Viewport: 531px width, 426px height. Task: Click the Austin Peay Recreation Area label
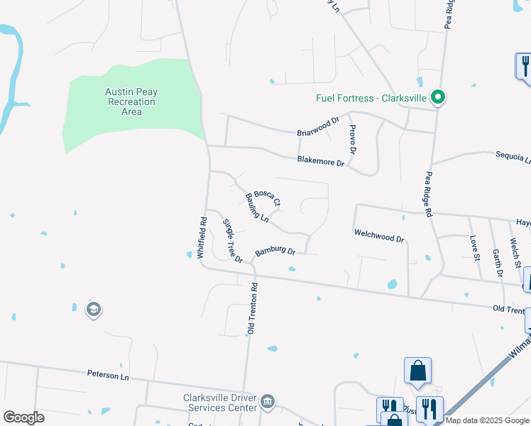click(x=131, y=102)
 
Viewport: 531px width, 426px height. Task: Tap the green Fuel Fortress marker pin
click(x=439, y=98)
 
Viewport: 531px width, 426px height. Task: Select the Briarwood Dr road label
click(x=318, y=127)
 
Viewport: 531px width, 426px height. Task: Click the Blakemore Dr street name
click(x=321, y=160)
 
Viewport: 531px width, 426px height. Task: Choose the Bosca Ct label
click(x=268, y=197)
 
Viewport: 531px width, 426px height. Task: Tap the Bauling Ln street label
click(x=257, y=207)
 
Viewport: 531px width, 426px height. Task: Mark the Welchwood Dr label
click(x=379, y=236)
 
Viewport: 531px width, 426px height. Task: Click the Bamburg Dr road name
click(x=275, y=251)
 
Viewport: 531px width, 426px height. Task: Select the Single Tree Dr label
click(x=233, y=240)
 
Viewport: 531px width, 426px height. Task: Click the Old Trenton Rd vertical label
click(x=251, y=308)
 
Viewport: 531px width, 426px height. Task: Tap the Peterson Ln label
click(x=109, y=373)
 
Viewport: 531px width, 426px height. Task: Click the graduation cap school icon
click(x=93, y=310)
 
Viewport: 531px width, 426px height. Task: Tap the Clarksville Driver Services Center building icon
click(x=268, y=403)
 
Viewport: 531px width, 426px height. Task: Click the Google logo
click(x=23, y=417)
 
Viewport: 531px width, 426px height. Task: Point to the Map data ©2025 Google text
click(x=487, y=420)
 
